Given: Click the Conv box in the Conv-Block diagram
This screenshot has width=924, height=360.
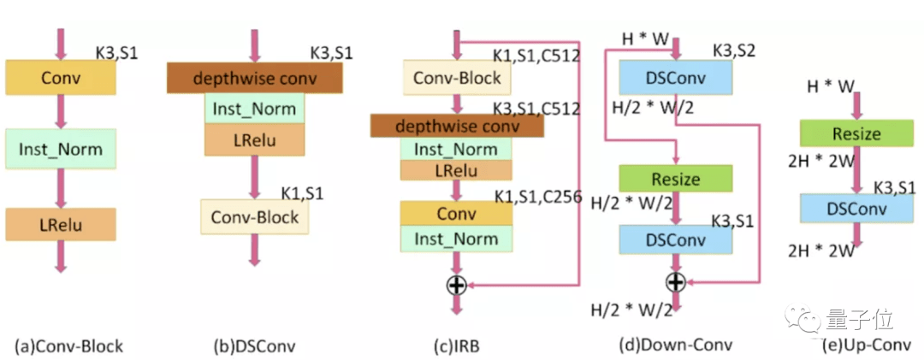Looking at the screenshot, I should click(60, 78).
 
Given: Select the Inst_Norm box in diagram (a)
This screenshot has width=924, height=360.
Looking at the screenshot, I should click(60, 149).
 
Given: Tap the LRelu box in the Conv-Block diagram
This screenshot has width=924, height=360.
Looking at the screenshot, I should click(60, 224).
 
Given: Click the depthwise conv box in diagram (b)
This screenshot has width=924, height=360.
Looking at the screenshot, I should click(255, 78).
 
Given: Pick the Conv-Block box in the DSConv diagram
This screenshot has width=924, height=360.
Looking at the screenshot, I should click(255, 216).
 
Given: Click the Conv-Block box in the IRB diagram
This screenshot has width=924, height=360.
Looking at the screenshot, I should click(457, 78).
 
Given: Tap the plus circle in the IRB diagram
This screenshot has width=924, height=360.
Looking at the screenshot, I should click(457, 286).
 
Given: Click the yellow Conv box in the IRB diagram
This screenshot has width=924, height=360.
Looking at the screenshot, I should click(457, 214).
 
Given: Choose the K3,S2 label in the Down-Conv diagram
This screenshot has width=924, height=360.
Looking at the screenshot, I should click(734, 52).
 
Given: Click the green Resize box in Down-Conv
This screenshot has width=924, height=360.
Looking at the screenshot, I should click(676, 179).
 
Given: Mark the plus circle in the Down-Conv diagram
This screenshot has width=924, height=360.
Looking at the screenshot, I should click(676, 281).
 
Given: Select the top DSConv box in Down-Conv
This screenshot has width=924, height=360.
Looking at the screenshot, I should click(676, 78).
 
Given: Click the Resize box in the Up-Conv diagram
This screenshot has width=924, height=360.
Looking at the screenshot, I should click(852, 133).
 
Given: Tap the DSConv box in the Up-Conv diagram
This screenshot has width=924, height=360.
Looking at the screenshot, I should click(852, 208).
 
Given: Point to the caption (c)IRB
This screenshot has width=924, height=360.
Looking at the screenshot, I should click(456, 346).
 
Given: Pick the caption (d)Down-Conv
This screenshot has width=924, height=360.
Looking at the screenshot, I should click(675, 345).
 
